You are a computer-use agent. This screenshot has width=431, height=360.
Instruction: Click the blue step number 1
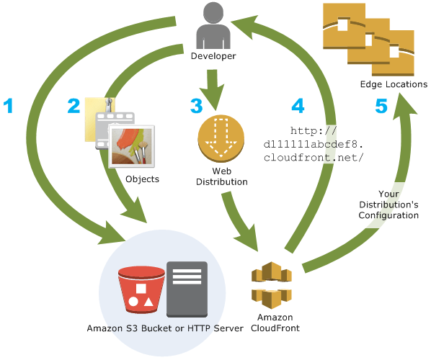click(x=9, y=107)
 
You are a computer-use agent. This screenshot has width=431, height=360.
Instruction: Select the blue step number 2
click(x=74, y=107)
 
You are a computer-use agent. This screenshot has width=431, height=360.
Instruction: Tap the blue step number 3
click(x=197, y=106)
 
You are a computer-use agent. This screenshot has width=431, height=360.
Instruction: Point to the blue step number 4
click(x=298, y=106)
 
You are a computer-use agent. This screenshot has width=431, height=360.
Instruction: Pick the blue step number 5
click(x=381, y=106)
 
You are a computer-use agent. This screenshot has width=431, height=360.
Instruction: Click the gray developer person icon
click(x=213, y=24)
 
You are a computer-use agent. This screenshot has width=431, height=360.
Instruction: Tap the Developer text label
click(x=213, y=55)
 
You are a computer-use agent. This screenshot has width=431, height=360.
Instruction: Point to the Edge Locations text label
click(x=394, y=84)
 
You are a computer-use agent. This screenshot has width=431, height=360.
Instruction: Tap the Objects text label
click(x=141, y=179)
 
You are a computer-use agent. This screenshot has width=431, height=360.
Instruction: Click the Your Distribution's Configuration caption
click(x=388, y=204)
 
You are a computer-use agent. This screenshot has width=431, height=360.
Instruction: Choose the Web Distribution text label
click(x=221, y=177)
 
